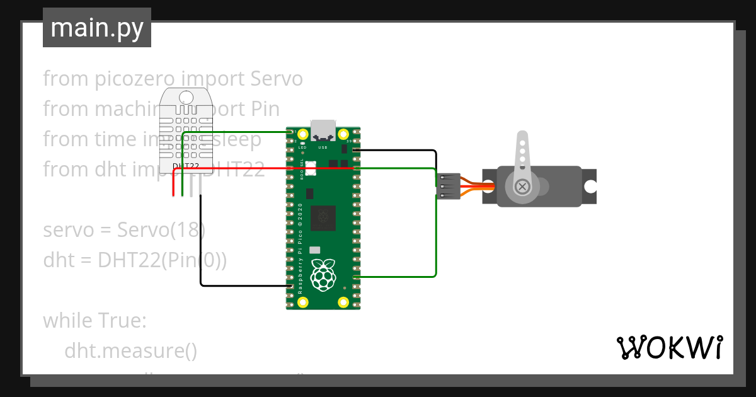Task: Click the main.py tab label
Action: (x=96, y=28)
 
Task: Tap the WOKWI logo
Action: (x=669, y=347)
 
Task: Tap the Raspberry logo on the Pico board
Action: (x=323, y=275)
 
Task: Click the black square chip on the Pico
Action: (x=323, y=217)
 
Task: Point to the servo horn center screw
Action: (x=522, y=186)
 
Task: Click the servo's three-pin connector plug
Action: (x=448, y=187)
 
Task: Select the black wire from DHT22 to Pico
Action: (x=239, y=285)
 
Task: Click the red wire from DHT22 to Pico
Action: (x=265, y=169)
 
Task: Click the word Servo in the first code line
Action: (x=277, y=79)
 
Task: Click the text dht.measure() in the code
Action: (x=130, y=351)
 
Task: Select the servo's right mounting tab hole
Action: (x=590, y=187)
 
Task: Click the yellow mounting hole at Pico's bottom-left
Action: (x=303, y=302)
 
